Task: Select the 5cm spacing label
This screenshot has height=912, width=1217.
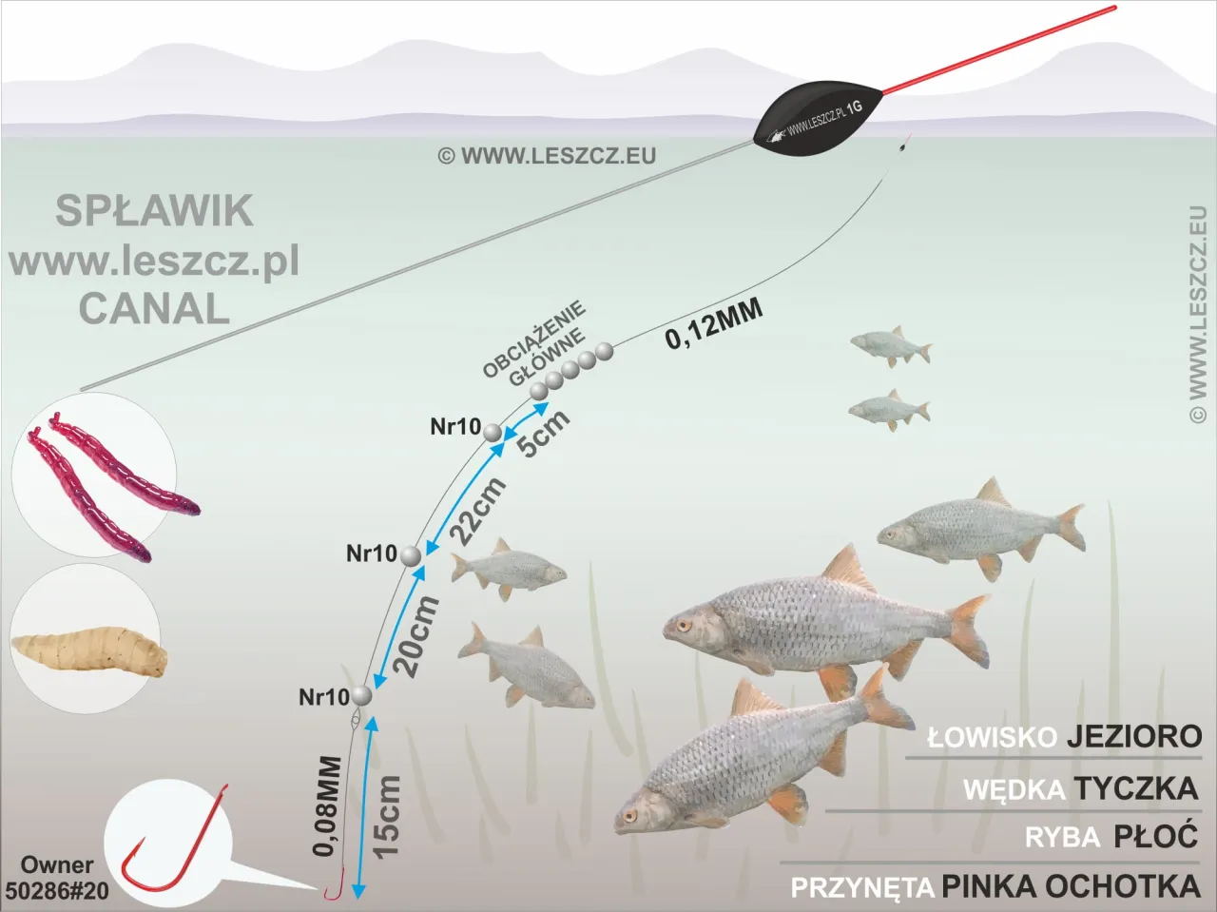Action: (544, 433)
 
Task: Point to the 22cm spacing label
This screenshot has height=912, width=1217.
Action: (477, 512)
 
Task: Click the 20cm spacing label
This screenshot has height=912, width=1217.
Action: (418, 635)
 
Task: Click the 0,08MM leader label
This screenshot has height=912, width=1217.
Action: (327, 805)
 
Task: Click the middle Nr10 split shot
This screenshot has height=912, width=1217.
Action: (411, 555)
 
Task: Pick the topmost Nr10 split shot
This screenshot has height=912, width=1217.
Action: (493, 432)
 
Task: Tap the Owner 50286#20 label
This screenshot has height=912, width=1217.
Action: (57, 878)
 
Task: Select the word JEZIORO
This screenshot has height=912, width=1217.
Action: (1133, 736)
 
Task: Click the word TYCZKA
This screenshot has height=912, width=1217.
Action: (1135, 788)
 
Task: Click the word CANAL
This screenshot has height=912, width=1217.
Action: (154, 309)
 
